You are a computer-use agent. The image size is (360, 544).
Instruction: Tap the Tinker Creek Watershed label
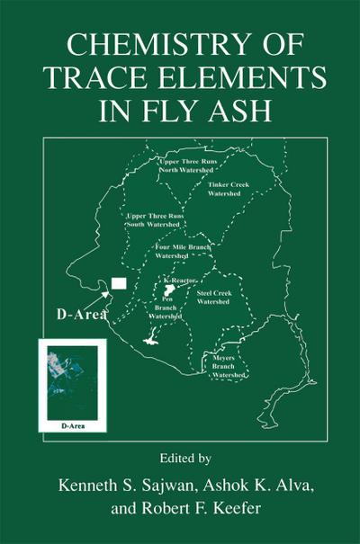click(228, 187)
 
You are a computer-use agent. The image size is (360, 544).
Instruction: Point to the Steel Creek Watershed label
click(214, 297)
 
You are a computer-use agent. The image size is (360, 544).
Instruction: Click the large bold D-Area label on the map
click(68, 315)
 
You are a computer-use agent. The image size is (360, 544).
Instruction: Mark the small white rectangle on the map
click(119, 284)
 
